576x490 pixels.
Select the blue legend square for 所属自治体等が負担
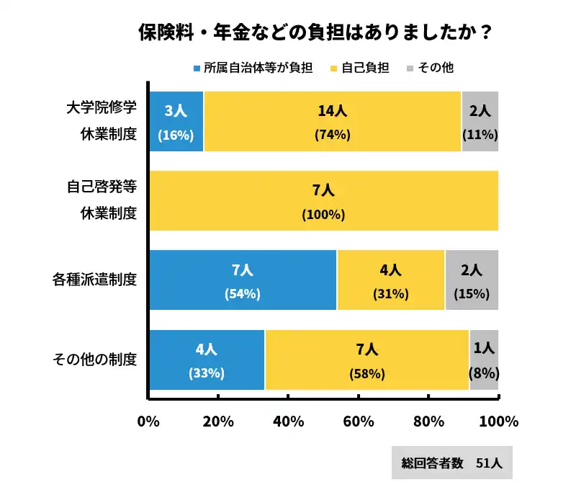pos(197,68)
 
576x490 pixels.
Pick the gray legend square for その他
pos(410,68)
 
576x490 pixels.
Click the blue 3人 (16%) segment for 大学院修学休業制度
pos(176,122)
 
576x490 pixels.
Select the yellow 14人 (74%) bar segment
pos(333,122)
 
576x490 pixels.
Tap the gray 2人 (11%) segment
pos(480,122)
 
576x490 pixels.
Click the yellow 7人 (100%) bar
pos(324,201)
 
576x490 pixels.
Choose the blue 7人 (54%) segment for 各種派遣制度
pos(243,280)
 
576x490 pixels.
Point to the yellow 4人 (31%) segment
pos(391,280)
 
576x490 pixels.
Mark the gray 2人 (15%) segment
pos(472,280)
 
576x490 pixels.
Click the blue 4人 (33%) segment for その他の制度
pos(207,360)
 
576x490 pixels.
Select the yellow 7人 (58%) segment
pos(367,360)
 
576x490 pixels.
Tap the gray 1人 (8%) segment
pos(484,360)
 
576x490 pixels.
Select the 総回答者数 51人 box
pos(452,463)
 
